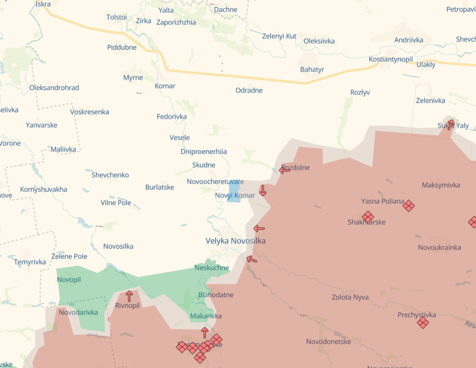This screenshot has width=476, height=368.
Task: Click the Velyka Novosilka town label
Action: [235, 241]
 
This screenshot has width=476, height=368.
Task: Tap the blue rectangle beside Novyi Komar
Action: [234, 191]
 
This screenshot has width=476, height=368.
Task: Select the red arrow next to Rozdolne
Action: [285, 170]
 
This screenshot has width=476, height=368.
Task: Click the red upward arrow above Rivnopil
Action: [129, 296]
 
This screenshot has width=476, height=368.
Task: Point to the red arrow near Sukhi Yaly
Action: [451, 124]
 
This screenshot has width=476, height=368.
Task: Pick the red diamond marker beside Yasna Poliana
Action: [408, 206]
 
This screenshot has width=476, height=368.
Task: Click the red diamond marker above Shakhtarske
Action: [368, 217]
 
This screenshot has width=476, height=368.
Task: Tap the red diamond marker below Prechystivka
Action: [423, 323]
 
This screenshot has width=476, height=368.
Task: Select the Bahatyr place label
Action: [312, 69]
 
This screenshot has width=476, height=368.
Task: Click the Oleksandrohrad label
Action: [54, 88]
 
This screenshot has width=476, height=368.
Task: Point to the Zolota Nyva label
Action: [350, 297]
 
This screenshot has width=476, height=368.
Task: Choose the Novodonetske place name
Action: [328, 341]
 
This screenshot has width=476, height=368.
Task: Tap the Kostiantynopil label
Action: [391, 59]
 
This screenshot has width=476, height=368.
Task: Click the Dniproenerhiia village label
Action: [204, 151]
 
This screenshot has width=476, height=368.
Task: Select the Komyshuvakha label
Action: [44, 189]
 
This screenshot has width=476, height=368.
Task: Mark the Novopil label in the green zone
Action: [69, 280]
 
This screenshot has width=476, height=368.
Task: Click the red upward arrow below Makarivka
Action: [205, 332]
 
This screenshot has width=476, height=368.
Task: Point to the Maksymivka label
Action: [441, 185]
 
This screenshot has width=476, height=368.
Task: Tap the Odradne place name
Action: [249, 90]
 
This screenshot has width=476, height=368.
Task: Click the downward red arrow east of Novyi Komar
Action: [263, 190]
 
